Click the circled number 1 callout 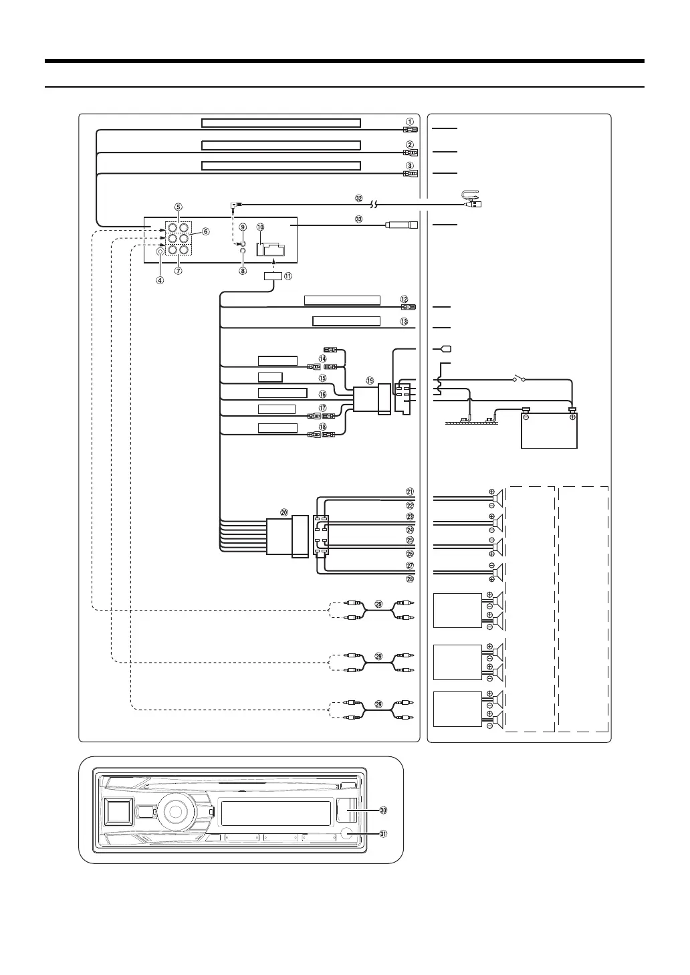pos(409,122)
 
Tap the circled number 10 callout pos(260,228)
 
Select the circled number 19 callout pos(370,380)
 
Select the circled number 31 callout pos(383,834)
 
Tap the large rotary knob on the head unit pos(174,811)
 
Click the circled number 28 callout pos(410,579)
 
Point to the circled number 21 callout pos(410,493)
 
